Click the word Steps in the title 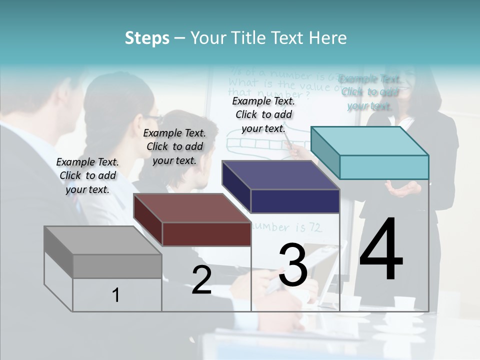pyautogui.click(x=147, y=38)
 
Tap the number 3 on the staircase pyautogui.click(x=293, y=265)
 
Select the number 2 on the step pyautogui.click(x=201, y=280)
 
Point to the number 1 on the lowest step pyautogui.click(x=116, y=295)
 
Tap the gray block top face pyautogui.click(x=103, y=240)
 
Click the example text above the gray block pyautogui.click(x=87, y=175)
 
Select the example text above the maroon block pyautogui.click(x=174, y=146)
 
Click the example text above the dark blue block pyautogui.click(x=263, y=114)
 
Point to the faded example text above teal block pyautogui.click(x=370, y=92)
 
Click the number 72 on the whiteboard pyautogui.click(x=315, y=228)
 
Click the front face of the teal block pyautogui.click(x=384, y=167)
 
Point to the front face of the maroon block pyautogui.click(x=206, y=234)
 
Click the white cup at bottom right pyautogui.click(x=404, y=303)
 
